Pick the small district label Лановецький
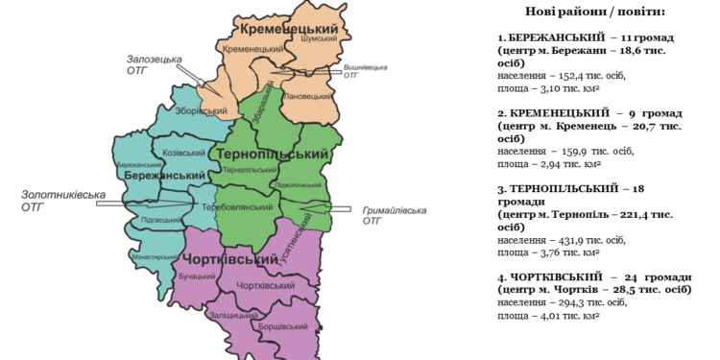click(306, 96)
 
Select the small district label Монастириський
click(155, 257)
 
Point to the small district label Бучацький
click(197, 276)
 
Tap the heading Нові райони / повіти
click(595, 12)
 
